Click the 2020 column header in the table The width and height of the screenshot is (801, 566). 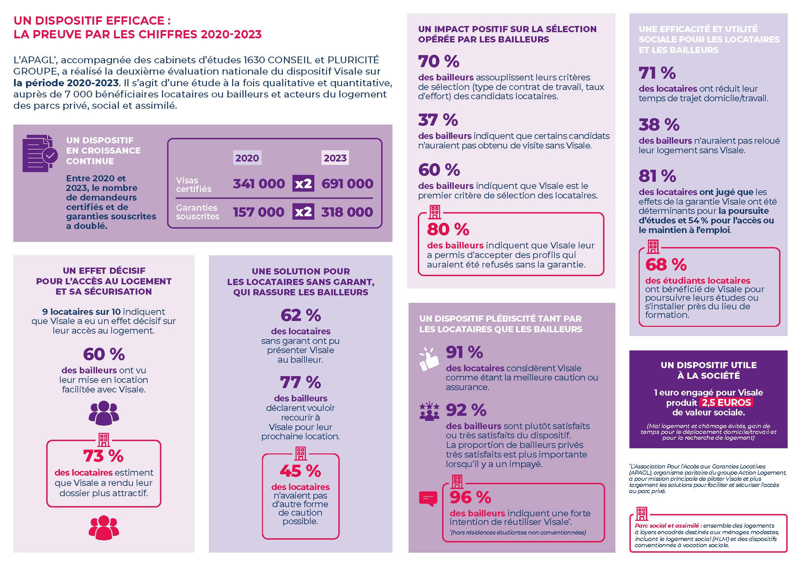click(247, 158)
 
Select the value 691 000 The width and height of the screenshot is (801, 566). click(347, 184)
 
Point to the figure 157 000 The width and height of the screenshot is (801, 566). click(259, 212)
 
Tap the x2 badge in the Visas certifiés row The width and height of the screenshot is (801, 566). click(303, 184)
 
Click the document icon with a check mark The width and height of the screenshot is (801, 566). click(40, 154)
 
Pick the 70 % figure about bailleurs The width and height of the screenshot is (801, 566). click(439, 61)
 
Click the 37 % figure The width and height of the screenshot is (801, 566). click(438, 120)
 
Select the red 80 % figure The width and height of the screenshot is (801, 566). click(448, 229)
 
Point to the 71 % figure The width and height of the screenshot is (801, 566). click(657, 73)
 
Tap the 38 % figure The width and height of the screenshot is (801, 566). click(659, 125)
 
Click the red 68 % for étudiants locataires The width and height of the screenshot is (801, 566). click(666, 265)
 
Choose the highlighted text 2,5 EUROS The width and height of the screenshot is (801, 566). click(726, 402)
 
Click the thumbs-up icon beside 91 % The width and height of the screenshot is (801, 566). click(429, 359)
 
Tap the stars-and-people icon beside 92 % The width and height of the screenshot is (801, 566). click(429, 411)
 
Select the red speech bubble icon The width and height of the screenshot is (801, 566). click(428, 499)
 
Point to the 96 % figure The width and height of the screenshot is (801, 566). click(470, 497)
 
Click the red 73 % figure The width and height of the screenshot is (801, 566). click(103, 456)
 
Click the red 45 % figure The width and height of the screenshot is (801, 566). click(300, 471)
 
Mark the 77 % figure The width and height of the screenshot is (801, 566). click(300, 382)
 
